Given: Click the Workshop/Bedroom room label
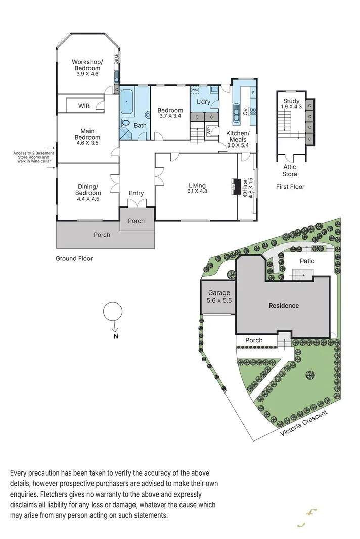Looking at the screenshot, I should tap(87, 65).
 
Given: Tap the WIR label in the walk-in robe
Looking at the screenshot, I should tap(84, 106).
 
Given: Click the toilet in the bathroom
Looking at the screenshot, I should tap(147, 115).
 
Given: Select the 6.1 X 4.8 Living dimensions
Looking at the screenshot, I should tap(197, 192).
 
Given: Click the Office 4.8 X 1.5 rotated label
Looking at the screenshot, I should tap(246, 188).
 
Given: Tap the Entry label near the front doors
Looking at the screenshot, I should tap(136, 193).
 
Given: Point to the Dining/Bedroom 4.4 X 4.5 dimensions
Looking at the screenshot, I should tap(87, 199).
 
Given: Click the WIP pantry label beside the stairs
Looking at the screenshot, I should tap(208, 130).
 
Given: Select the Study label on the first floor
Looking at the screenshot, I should tap(291, 101).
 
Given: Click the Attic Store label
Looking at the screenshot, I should tap(290, 171).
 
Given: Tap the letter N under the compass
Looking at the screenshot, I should tap(115, 336).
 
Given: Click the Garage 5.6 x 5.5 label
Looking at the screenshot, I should tap(219, 297).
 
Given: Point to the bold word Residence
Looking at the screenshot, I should tap(283, 305).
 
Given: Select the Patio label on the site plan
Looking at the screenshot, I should tap(307, 261).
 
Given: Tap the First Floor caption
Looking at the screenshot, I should tap(290, 187).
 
